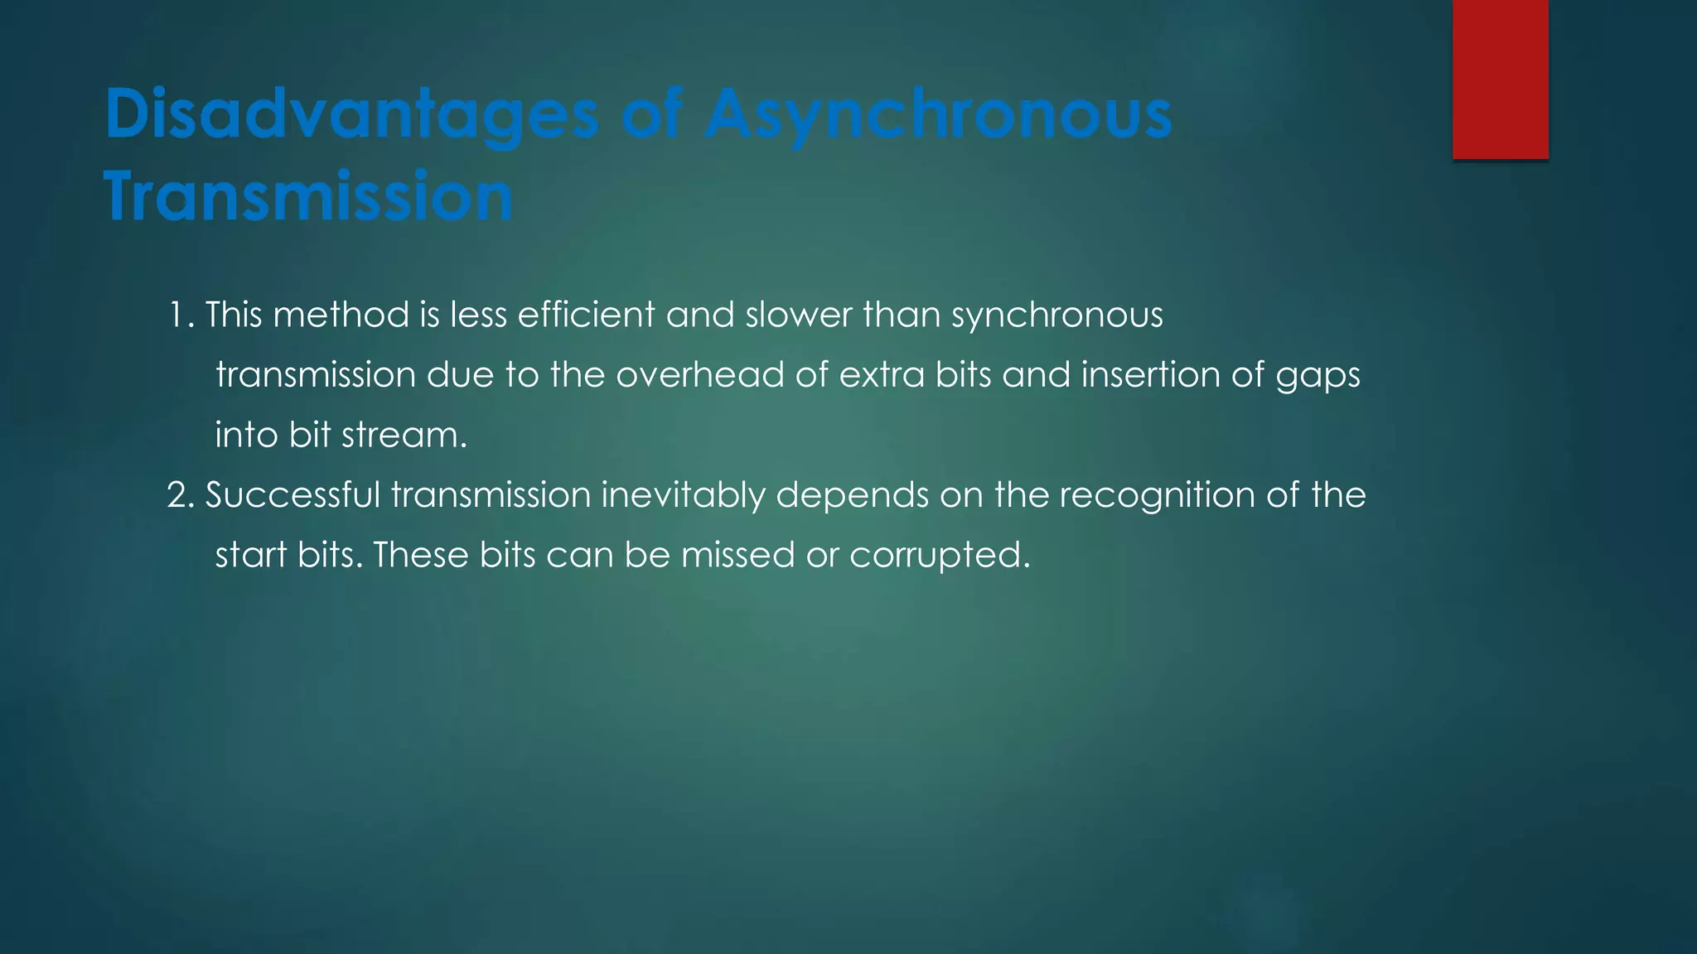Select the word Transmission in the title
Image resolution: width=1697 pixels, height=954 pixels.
(308, 195)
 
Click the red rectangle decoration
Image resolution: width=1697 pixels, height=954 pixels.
(1500, 79)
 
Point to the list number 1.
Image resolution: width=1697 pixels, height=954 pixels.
(180, 316)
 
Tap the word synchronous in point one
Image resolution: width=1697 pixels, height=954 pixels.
(1056, 316)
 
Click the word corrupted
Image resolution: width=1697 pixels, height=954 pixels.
(940, 555)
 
